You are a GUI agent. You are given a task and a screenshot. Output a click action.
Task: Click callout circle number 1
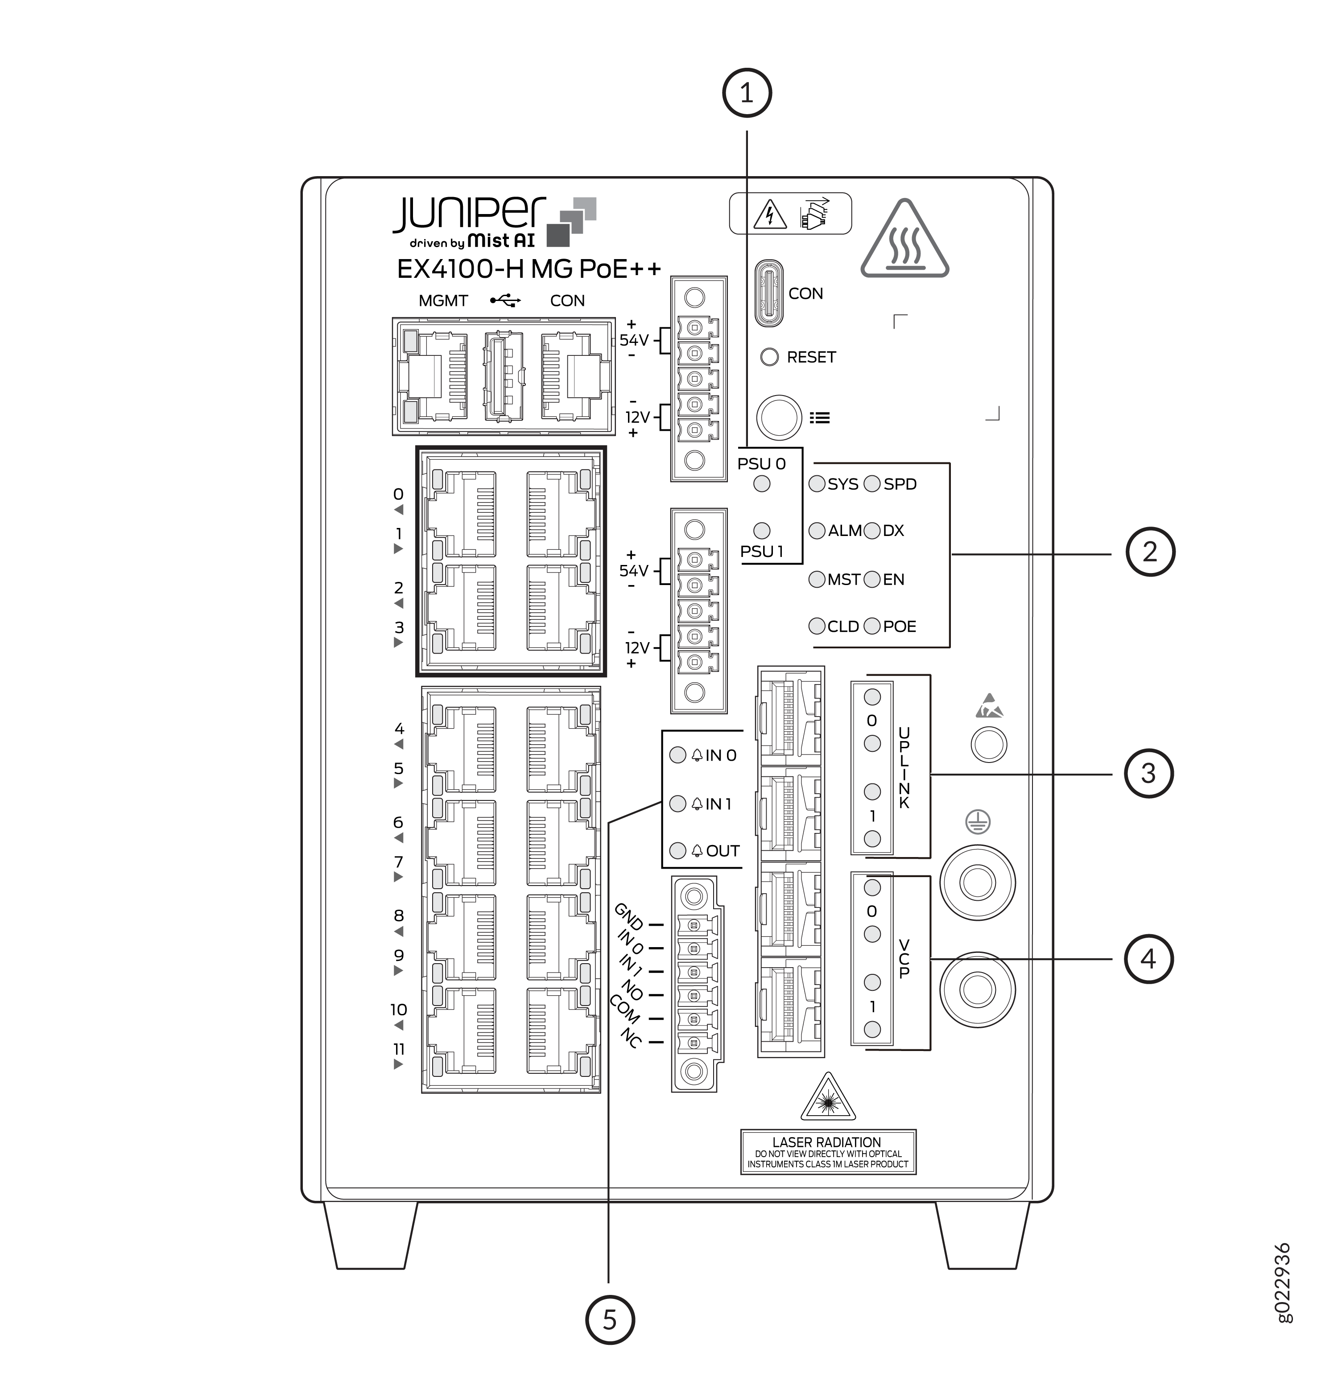click(747, 93)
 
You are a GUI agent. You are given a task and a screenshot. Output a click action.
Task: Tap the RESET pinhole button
click(769, 357)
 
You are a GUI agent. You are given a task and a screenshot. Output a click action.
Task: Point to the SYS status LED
click(817, 484)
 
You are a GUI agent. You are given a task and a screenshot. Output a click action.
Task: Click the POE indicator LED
click(872, 626)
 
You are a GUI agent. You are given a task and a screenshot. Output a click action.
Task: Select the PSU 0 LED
click(762, 484)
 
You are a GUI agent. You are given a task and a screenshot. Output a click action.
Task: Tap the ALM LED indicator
click(817, 531)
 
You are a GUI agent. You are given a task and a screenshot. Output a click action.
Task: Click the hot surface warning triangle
click(905, 239)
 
